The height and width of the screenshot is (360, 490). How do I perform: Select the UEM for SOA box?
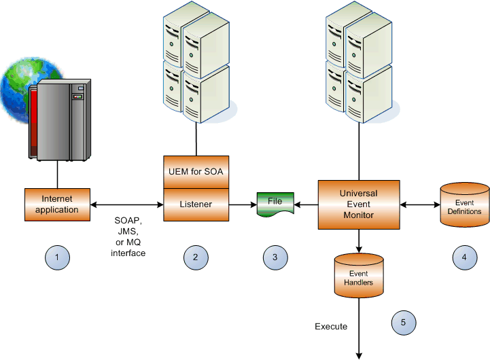[x=196, y=172]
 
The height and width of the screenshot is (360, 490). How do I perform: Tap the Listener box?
[x=196, y=204]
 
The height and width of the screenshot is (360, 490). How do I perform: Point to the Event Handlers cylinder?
[x=358, y=276]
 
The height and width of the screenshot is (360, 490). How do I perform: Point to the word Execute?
[x=331, y=327]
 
